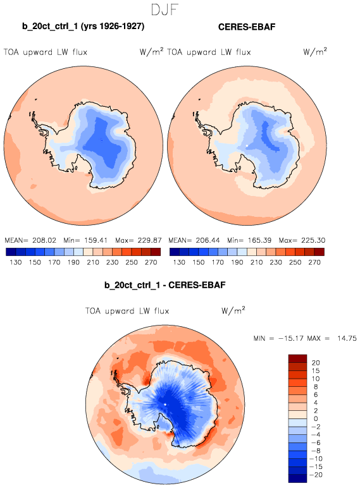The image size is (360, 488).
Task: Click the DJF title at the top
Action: (x=164, y=9)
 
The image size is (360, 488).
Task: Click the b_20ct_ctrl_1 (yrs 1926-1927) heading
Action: (x=83, y=26)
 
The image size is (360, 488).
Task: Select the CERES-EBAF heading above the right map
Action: (x=247, y=27)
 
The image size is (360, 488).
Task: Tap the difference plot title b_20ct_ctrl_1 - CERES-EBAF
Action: (x=164, y=284)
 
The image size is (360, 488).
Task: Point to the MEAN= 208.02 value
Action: (x=30, y=240)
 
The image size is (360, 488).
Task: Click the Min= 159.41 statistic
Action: (x=85, y=240)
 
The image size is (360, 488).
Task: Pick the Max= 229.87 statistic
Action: (x=139, y=240)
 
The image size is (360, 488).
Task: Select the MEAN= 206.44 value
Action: (x=194, y=240)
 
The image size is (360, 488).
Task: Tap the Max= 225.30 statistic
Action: (x=302, y=240)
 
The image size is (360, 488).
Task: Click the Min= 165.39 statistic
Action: (x=249, y=240)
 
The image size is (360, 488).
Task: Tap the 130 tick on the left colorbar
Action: (x=16, y=262)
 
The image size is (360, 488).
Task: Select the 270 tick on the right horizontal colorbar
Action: (x=314, y=262)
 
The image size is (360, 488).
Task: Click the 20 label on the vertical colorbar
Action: (x=316, y=363)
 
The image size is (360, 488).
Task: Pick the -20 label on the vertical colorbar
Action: (x=317, y=475)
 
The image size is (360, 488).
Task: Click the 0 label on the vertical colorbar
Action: (x=316, y=418)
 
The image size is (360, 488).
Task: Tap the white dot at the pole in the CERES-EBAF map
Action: (x=247, y=145)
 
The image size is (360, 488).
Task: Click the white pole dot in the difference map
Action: (x=165, y=405)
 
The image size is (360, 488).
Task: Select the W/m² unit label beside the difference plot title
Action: (x=233, y=310)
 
